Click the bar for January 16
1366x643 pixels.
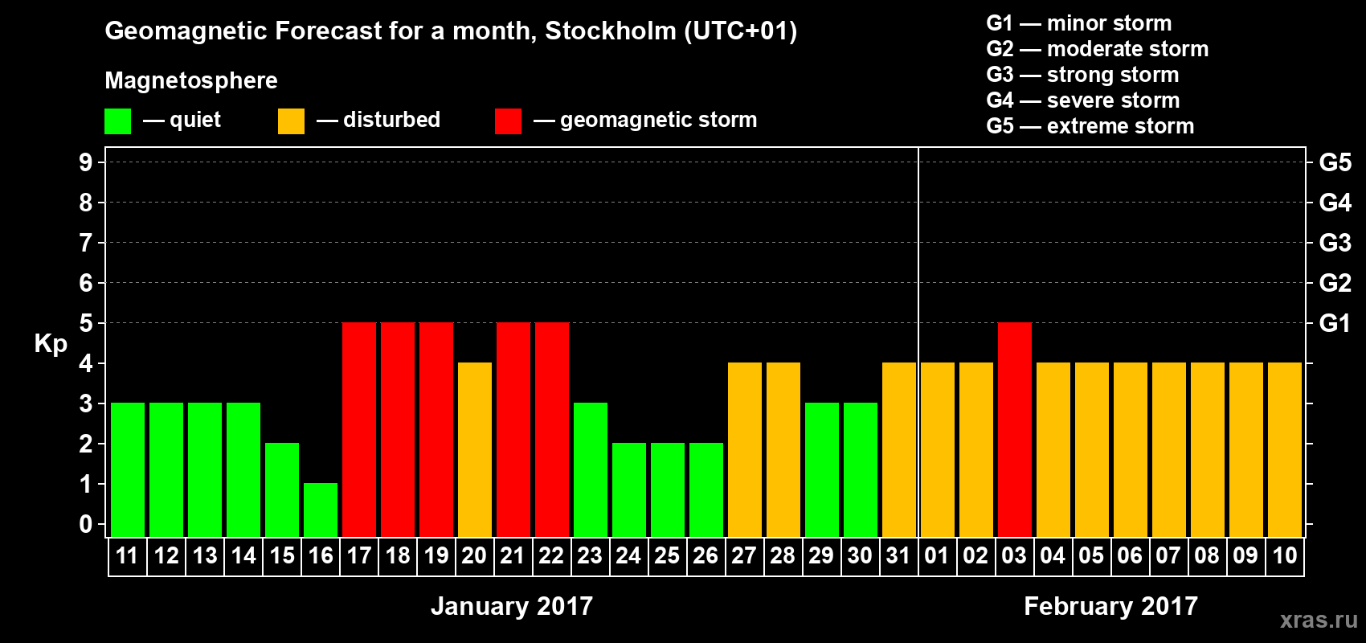(x=321, y=510)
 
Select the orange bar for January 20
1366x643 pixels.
(x=475, y=449)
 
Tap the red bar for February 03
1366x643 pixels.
(x=1015, y=429)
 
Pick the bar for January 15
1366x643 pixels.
(x=282, y=489)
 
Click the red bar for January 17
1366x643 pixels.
(x=359, y=429)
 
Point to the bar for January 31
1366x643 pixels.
(x=899, y=449)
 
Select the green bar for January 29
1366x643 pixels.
(x=822, y=469)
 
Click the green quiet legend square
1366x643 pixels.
(x=118, y=121)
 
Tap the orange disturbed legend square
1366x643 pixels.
(x=291, y=121)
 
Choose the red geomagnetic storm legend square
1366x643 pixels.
(x=508, y=121)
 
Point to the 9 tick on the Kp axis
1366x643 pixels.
(x=86, y=162)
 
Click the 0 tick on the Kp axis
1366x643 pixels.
(x=86, y=525)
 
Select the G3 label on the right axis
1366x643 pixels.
(x=1335, y=243)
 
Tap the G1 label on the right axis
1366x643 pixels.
(x=1335, y=323)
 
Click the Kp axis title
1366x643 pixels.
(x=51, y=344)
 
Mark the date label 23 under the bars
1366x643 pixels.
(x=590, y=555)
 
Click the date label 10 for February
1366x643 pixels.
(x=1284, y=555)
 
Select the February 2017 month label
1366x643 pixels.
(x=1110, y=606)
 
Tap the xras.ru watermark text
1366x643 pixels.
(x=1319, y=619)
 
